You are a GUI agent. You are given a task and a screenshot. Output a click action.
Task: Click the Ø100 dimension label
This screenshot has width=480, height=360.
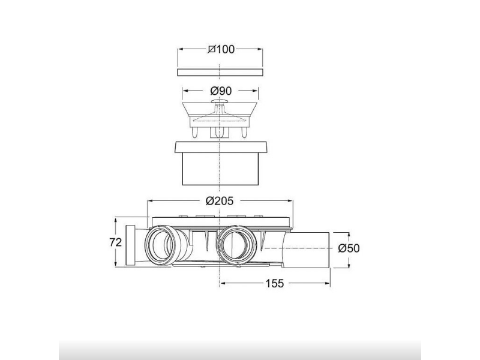tap(221, 49)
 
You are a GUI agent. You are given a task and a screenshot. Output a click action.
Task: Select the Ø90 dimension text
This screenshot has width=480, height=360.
tap(221, 91)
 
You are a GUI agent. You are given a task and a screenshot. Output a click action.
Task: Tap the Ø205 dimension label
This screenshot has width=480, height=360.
tap(220, 201)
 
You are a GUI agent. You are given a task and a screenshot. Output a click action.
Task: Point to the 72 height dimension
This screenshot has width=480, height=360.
tap(115, 242)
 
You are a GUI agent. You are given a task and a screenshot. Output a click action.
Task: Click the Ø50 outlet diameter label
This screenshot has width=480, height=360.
tap(349, 248)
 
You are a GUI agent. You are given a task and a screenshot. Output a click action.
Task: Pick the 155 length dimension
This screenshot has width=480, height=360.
tap(275, 283)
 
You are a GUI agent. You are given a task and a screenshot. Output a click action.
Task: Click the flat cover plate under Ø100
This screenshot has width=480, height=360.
tap(220, 72)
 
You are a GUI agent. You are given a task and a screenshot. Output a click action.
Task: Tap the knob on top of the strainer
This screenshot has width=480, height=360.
tap(220, 101)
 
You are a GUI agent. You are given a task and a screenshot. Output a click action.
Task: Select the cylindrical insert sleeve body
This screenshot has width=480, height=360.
tap(220, 169)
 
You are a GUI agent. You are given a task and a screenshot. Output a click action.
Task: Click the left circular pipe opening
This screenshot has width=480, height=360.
tap(160, 245)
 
